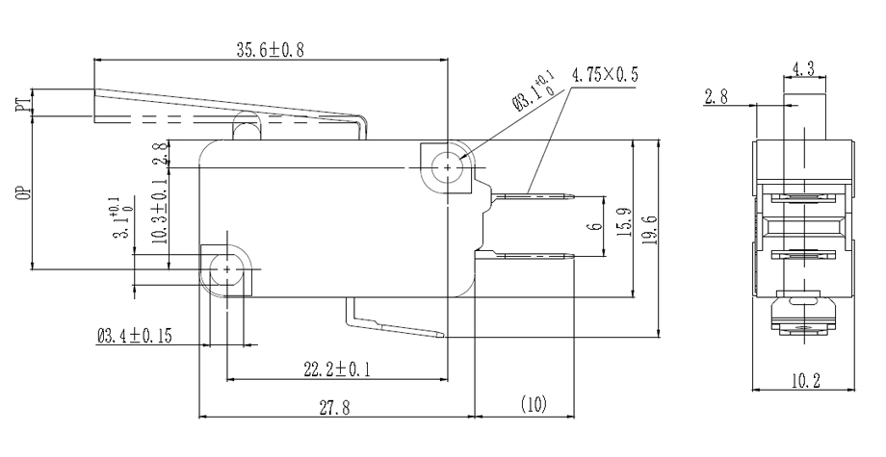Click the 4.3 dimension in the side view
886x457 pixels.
coord(804,68)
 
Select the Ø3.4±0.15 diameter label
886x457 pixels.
coord(134,337)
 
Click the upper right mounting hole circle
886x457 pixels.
coord(448,167)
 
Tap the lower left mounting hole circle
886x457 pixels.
coord(227,270)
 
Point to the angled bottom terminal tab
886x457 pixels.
coord(395,324)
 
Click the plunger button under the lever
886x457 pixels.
coord(246,126)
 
